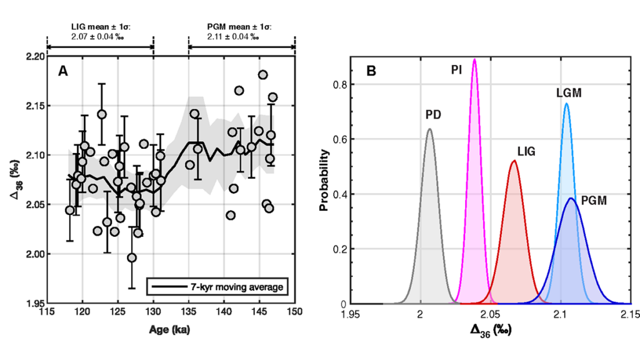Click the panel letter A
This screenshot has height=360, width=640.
(x=62, y=71)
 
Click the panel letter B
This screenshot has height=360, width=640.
(x=371, y=71)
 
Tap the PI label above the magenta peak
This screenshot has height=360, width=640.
(x=457, y=69)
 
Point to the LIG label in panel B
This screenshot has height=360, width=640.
(x=527, y=151)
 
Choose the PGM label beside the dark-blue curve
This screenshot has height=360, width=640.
(x=594, y=201)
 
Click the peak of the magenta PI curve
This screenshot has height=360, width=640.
(x=474, y=59)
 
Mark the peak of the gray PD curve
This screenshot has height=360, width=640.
(x=429, y=129)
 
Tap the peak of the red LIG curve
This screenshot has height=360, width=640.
(x=514, y=161)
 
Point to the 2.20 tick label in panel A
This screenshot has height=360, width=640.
(x=34, y=56)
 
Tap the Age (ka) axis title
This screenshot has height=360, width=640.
(x=171, y=328)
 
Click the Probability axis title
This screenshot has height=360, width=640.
(x=324, y=180)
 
